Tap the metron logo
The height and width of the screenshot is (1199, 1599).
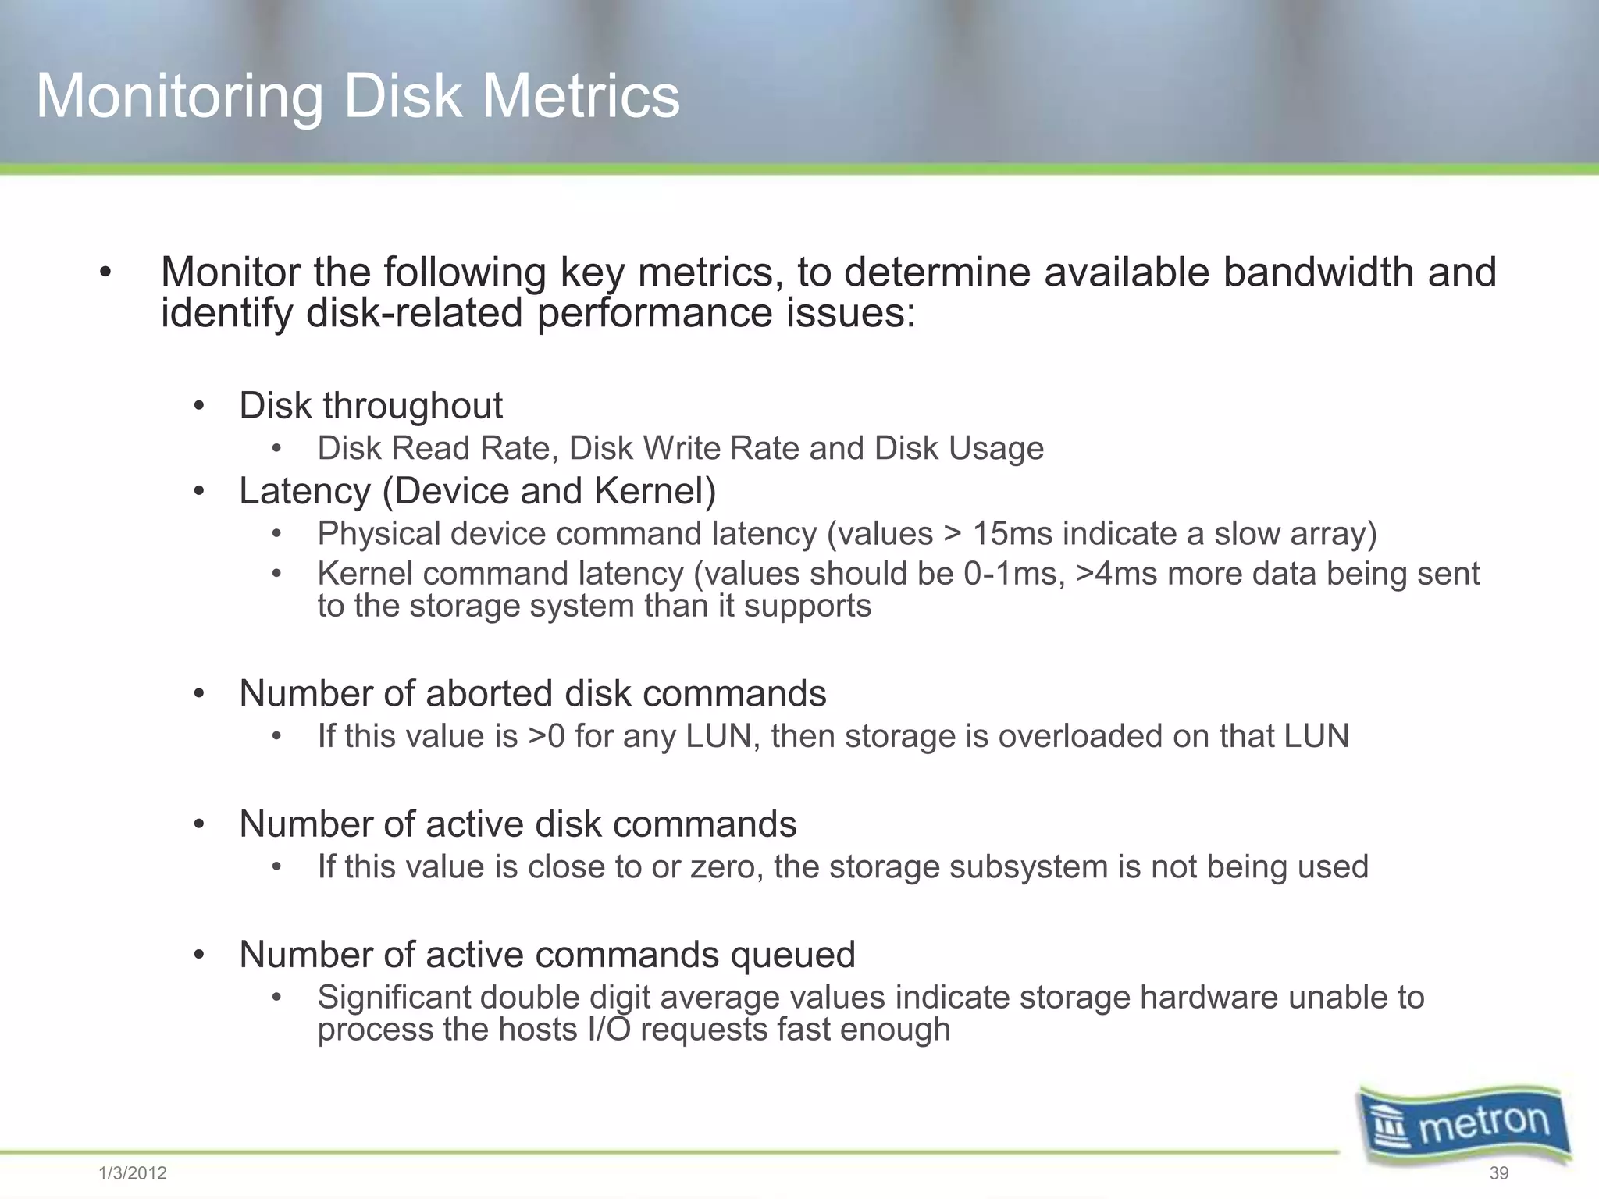coord(1465,1124)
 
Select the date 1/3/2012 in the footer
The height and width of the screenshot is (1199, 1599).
coord(133,1173)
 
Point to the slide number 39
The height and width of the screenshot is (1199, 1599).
coord(1498,1173)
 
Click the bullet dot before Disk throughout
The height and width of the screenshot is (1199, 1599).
coord(199,407)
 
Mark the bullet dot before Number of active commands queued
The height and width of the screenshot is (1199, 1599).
coord(199,955)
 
